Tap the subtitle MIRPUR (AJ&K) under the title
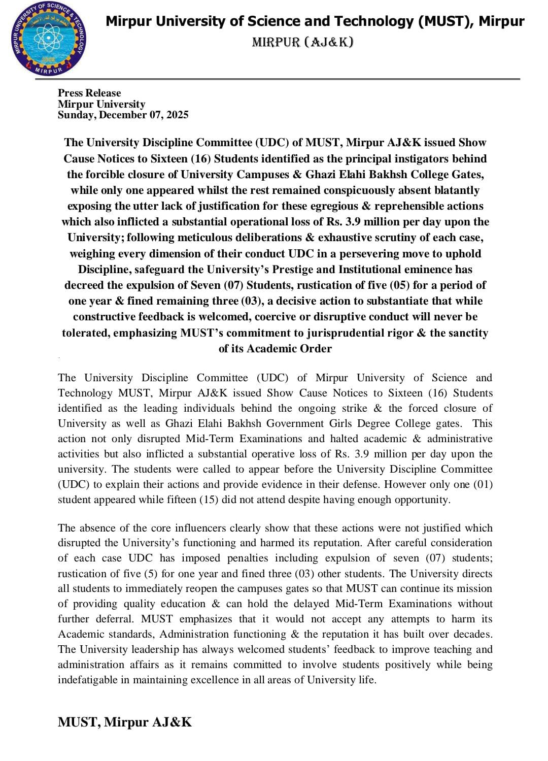tap(302, 42)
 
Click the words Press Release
tap(89, 93)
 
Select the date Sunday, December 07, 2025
tap(123, 115)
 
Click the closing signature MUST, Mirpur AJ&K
tap(125, 722)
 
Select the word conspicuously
tap(362, 190)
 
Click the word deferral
tap(115, 619)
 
